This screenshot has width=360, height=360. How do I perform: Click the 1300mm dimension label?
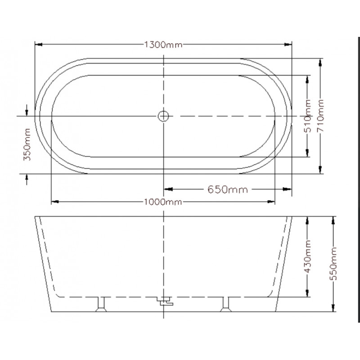[163, 44]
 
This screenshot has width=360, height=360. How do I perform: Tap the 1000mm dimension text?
[163, 202]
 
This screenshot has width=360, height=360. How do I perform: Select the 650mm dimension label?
[228, 189]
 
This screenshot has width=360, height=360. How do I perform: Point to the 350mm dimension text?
[27, 144]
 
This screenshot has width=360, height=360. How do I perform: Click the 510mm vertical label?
[307, 116]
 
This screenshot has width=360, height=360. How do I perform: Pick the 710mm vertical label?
[320, 116]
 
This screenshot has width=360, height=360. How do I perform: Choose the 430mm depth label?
[307, 256]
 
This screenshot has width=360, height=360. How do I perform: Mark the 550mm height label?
[333, 264]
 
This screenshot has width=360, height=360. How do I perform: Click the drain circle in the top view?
[163, 116]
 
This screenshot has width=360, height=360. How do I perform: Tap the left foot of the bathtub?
[101, 305]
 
